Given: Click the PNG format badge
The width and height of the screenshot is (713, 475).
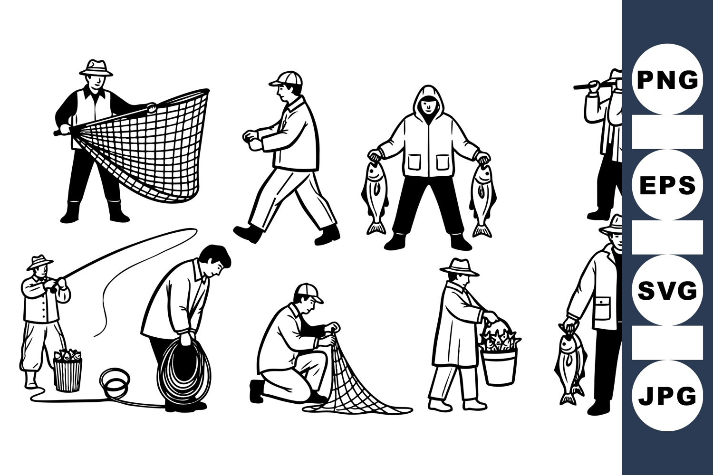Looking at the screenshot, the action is pos(667,79).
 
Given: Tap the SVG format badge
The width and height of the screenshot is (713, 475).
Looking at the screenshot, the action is pos(667,290).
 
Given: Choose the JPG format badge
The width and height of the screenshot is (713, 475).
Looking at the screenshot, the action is pos(667,396).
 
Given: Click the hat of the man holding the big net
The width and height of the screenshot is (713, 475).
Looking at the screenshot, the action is pos(96,68).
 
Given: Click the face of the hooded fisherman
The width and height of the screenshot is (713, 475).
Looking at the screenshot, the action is pos(428,105).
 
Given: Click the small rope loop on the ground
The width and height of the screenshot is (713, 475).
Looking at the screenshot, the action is pos(115,383).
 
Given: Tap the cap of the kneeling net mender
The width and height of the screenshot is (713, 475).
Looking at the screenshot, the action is pos(308,293).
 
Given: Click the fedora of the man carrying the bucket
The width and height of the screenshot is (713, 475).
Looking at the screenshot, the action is pos(459,267).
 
